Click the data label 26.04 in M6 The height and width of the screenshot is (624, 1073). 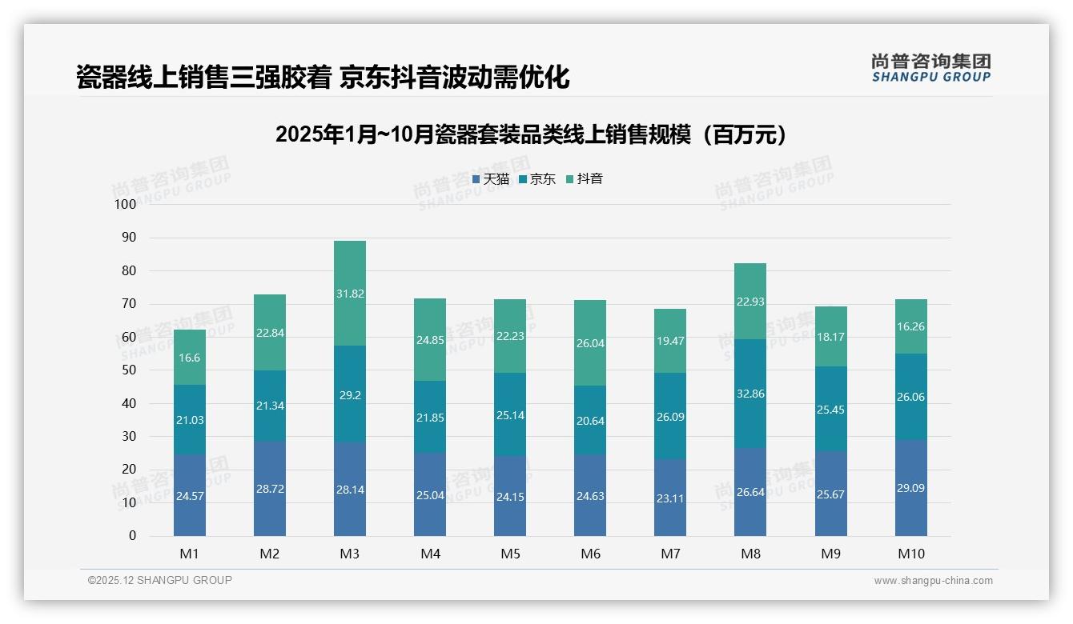[590, 342]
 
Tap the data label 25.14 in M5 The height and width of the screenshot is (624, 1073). [510, 415]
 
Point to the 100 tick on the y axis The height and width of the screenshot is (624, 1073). [126, 204]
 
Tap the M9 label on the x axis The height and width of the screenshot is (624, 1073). [830, 554]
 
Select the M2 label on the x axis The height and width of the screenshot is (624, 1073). [270, 554]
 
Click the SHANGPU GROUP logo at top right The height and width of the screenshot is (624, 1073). [930, 68]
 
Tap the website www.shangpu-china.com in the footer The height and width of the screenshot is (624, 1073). [933, 581]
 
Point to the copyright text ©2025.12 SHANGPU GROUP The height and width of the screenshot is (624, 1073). [160, 580]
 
